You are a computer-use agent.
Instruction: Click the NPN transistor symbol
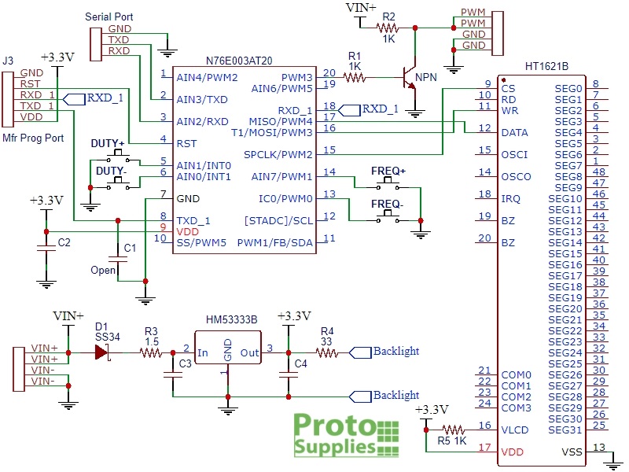pyautogui.click(x=410, y=77)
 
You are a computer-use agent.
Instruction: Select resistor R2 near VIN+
pyautogui.click(x=388, y=28)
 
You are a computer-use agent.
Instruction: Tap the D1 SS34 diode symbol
pyautogui.click(x=102, y=352)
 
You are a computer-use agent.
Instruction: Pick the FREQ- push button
pyautogui.click(x=388, y=217)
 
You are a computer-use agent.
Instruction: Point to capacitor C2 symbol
pyautogui.click(x=46, y=248)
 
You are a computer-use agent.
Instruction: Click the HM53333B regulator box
pyautogui.click(x=228, y=348)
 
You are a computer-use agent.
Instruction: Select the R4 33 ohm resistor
pyautogui.click(x=327, y=352)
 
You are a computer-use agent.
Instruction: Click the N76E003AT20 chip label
pyautogui.click(x=239, y=61)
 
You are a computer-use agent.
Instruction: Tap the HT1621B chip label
pyautogui.click(x=546, y=66)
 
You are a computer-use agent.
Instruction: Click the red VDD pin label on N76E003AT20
pyautogui.click(x=188, y=231)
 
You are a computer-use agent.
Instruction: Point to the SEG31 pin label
pyautogui.click(x=565, y=430)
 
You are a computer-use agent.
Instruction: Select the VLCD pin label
pyautogui.click(x=516, y=430)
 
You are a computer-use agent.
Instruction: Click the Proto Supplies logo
pyautogui.click(x=347, y=435)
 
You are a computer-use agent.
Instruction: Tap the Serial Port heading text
pyautogui.click(x=109, y=17)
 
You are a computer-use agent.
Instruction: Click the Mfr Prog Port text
pyautogui.click(x=33, y=138)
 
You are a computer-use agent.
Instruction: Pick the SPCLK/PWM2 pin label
pyautogui.click(x=278, y=154)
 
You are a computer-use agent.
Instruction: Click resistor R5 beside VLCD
pyautogui.click(x=454, y=430)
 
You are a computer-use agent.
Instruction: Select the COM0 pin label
pyautogui.click(x=517, y=375)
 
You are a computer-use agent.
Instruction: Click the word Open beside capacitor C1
pyautogui.click(x=103, y=271)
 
